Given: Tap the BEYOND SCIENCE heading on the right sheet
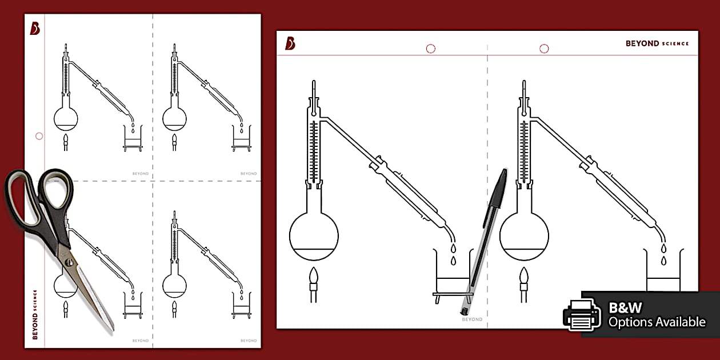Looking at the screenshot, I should coord(657,43).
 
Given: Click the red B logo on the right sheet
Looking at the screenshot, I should coord(290,43).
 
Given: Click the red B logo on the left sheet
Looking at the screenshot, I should coord(35,29).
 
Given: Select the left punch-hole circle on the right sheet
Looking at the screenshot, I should coord(431,49).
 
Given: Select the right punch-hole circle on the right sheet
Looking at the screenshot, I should coord(544,49).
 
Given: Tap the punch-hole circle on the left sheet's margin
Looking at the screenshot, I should coord(39,136).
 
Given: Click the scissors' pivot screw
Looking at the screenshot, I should coord(69,262).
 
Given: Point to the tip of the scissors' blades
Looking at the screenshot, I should coord(111,329).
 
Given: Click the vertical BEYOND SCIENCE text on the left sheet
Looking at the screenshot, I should coord(35,314).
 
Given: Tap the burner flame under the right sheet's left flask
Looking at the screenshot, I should coord(314,278).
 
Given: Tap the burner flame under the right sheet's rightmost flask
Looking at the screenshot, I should coord(524,278).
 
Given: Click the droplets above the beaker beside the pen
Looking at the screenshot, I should coord(453,255).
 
